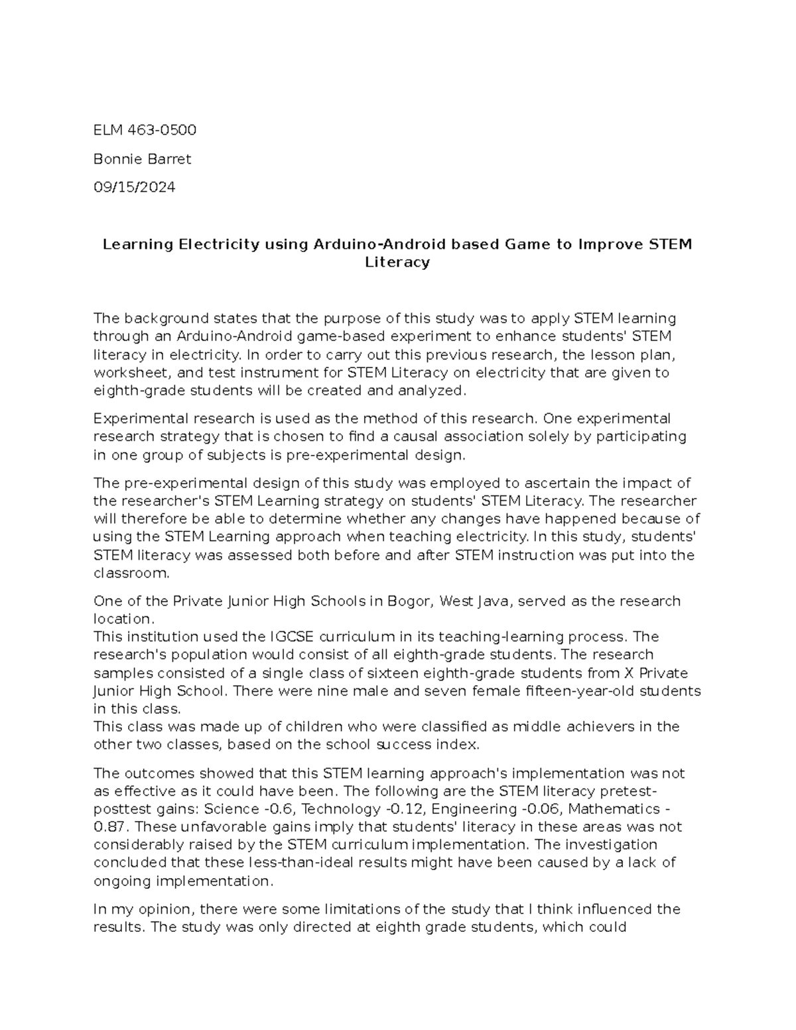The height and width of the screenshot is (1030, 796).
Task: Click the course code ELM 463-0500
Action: pyautogui.click(x=145, y=130)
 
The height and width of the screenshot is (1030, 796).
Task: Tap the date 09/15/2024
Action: pyautogui.click(x=134, y=188)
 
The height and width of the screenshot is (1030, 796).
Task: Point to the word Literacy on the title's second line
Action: pyautogui.click(x=397, y=263)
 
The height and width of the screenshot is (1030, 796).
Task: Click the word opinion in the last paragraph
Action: pyautogui.click(x=166, y=909)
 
